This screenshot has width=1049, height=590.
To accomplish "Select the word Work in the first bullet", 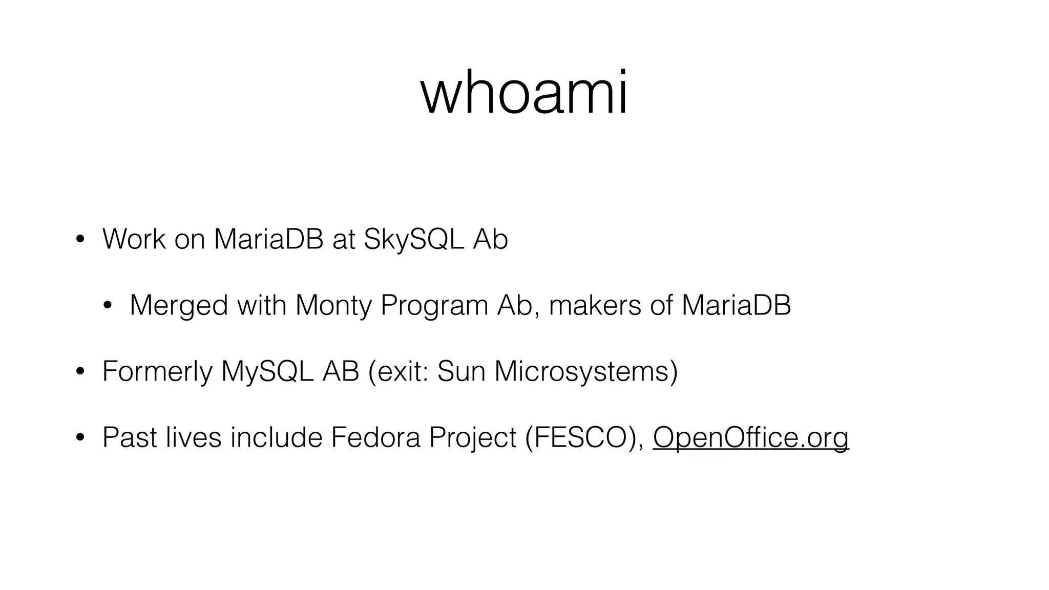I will pyautogui.click(x=134, y=239).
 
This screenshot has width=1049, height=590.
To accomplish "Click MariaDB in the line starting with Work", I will pyautogui.click(x=268, y=239).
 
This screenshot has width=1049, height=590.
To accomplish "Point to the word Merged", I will pyautogui.click(x=179, y=306).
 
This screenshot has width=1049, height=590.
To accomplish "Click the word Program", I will pyautogui.click(x=434, y=306).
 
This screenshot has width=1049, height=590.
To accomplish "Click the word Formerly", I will pyautogui.click(x=157, y=371).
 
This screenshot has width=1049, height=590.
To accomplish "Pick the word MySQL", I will pyautogui.click(x=267, y=371).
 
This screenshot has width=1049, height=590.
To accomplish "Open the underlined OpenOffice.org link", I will pyautogui.click(x=750, y=437).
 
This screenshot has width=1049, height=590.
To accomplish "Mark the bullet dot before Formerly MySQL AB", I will pyautogui.click(x=80, y=372).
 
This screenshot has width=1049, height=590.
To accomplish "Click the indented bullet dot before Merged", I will pyautogui.click(x=107, y=306).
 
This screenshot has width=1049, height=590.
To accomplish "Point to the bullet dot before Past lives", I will pyautogui.click(x=80, y=438).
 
